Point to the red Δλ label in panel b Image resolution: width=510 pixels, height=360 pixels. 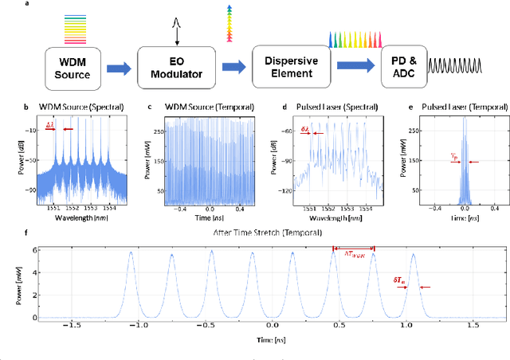click(x=50, y=127)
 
